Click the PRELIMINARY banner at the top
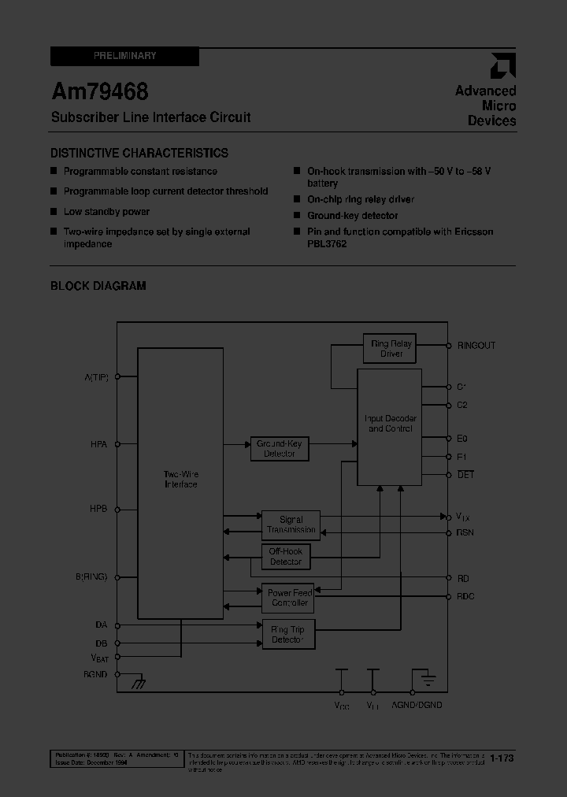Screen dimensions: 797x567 coord(124,57)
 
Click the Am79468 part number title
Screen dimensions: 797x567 coord(100,92)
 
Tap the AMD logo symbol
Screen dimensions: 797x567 coord(502,66)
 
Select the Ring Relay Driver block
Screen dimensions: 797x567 coord(391,349)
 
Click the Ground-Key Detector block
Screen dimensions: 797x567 coord(279,449)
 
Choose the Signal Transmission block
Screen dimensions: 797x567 coord(291,525)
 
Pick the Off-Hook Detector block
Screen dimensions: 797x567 coord(285,557)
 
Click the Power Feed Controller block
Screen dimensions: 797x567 coord(289,598)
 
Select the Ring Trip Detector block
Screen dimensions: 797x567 coord(287,635)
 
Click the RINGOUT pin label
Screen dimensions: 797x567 coord(476,346)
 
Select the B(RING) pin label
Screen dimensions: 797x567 coord(91,576)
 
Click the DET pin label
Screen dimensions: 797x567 coord(465,475)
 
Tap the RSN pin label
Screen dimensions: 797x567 coord(465,532)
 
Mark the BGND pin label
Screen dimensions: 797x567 coord(94,674)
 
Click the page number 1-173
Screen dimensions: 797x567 coord(502,758)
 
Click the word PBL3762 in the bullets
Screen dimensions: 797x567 coord(327,244)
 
